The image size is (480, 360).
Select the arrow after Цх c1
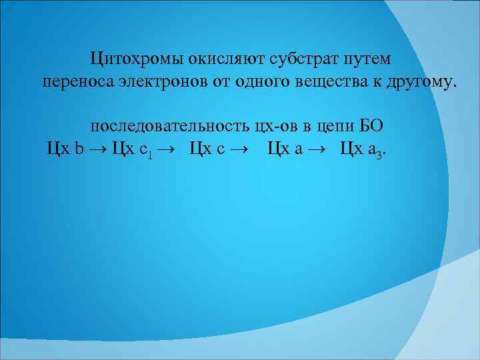pos(167,149)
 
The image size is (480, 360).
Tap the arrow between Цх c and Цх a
pos(241,149)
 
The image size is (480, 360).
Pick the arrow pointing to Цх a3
pos(319,149)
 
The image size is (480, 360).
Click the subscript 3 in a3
pos(380,153)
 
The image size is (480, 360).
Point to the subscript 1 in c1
pos(151,153)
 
